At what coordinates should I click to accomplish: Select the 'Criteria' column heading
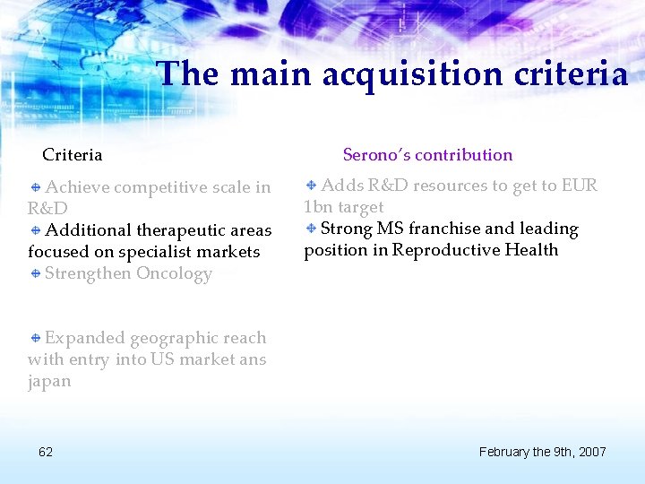click(x=73, y=155)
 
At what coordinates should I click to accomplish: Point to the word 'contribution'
click(x=464, y=155)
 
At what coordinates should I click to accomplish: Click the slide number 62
click(x=46, y=452)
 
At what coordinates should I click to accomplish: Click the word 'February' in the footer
click(x=507, y=452)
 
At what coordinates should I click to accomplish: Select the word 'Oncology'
click(x=174, y=274)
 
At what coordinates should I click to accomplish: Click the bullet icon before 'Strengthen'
click(x=35, y=273)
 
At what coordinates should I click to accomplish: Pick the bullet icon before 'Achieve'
click(x=35, y=187)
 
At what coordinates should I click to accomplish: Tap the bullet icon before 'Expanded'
click(x=35, y=338)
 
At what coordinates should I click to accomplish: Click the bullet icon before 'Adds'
click(x=311, y=186)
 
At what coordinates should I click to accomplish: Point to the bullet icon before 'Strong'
click(x=311, y=229)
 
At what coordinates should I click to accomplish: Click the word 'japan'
click(x=49, y=382)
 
